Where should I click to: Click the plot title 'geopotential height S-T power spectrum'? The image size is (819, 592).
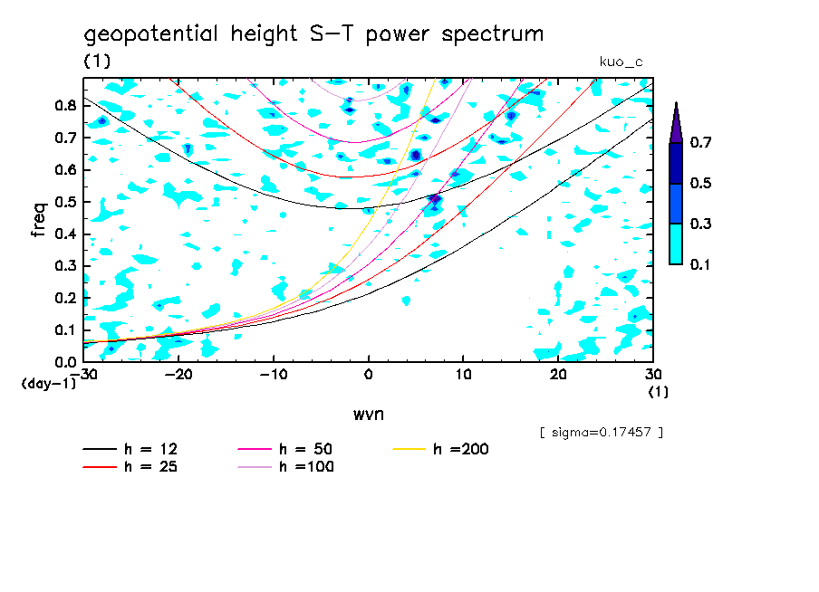(313, 35)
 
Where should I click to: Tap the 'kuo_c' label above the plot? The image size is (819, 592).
(621, 62)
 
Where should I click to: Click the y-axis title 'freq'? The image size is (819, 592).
(38, 219)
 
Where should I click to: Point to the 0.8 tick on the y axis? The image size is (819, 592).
(64, 105)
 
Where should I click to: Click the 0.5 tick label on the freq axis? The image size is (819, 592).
(64, 202)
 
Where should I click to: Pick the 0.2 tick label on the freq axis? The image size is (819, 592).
(64, 298)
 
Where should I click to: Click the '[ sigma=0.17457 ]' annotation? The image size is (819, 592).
(601, 433)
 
